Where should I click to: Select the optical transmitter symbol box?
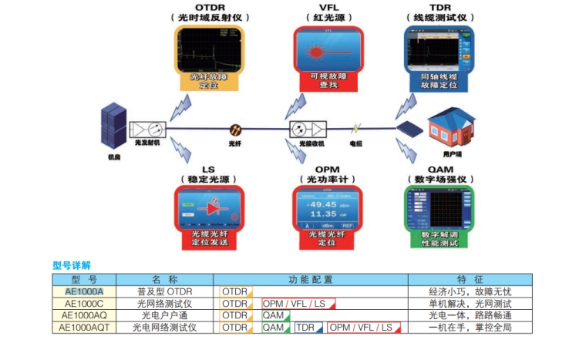pos(146,129)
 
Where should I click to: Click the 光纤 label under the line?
pos(237,143)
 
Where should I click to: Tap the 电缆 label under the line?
pos(355,143)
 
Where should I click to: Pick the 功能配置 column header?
pos(310,279)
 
